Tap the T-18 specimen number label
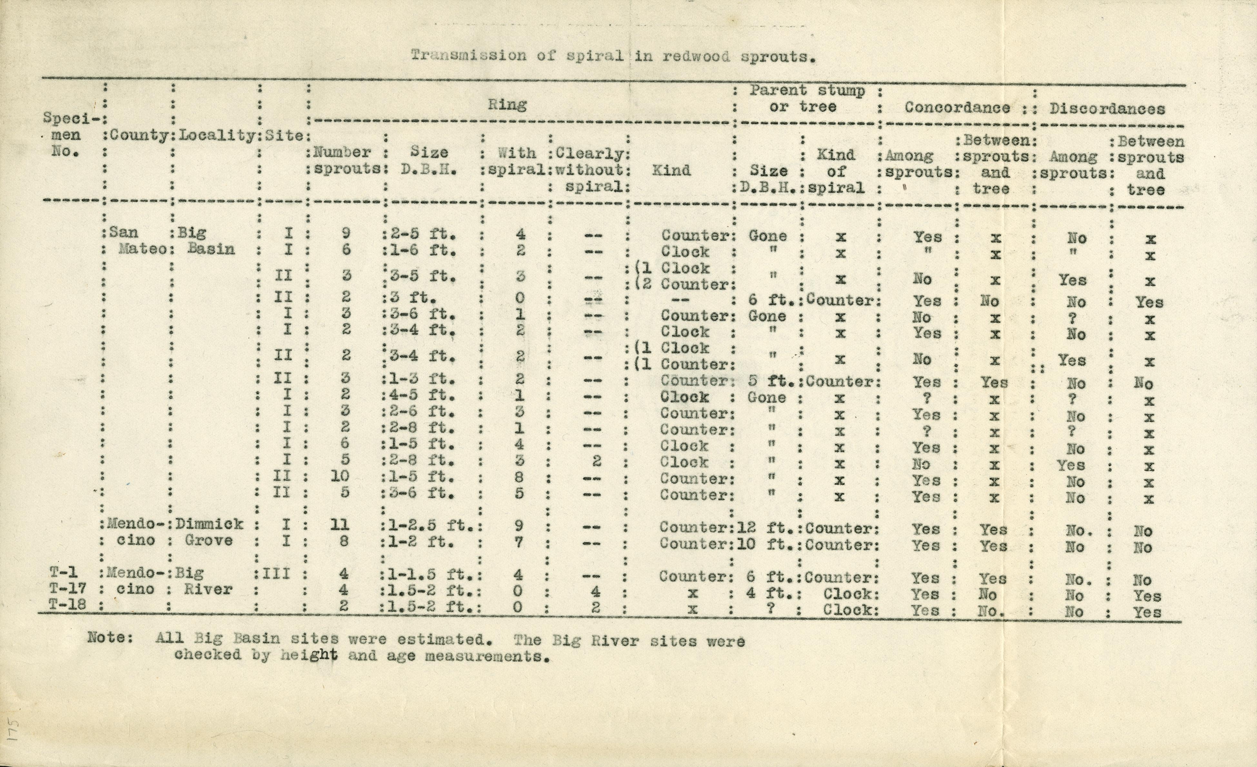[x=67, y=605]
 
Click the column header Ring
[x=507, y=105]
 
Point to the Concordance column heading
[x=957, y=108]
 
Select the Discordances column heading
[x=1107, y=109]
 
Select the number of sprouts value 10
[x=340, y=476]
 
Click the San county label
[x=124, y=232]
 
